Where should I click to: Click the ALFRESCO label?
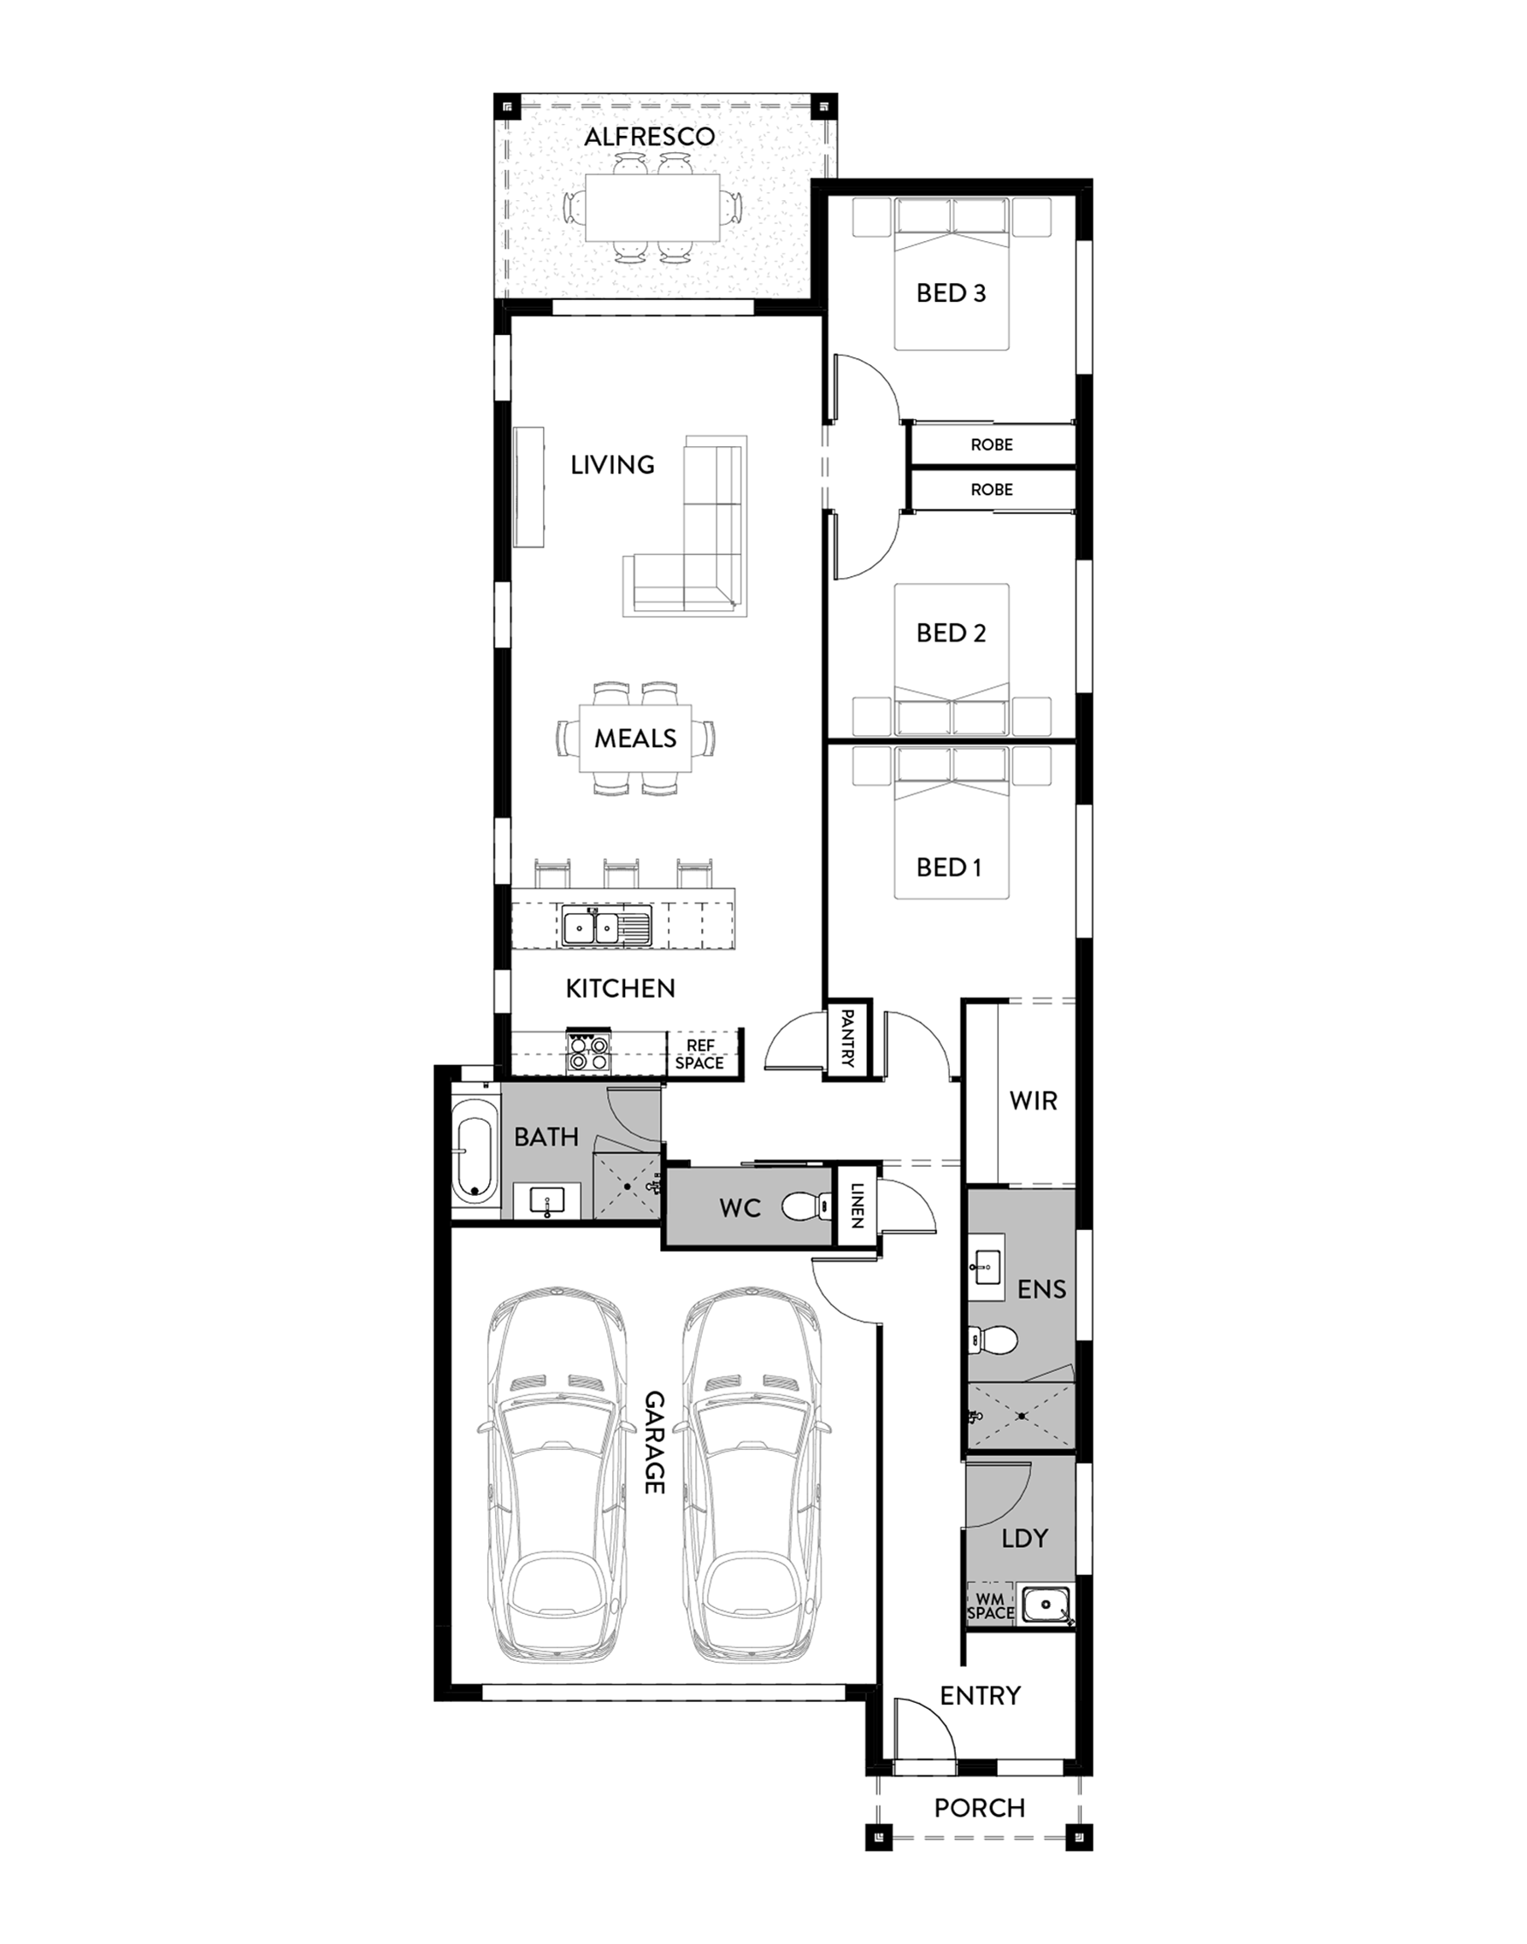coord(649,137)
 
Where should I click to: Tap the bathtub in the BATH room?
coord(474,1153)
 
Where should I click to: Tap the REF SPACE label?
coord(700,1054)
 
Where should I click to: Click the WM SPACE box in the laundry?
coord(991,1605)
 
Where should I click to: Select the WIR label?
coord(1034,1100)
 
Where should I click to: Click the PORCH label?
coord(980,1808)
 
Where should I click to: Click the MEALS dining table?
coord(635,739)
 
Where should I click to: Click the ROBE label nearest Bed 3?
coord(993,445)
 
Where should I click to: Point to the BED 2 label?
coord(952,633)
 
